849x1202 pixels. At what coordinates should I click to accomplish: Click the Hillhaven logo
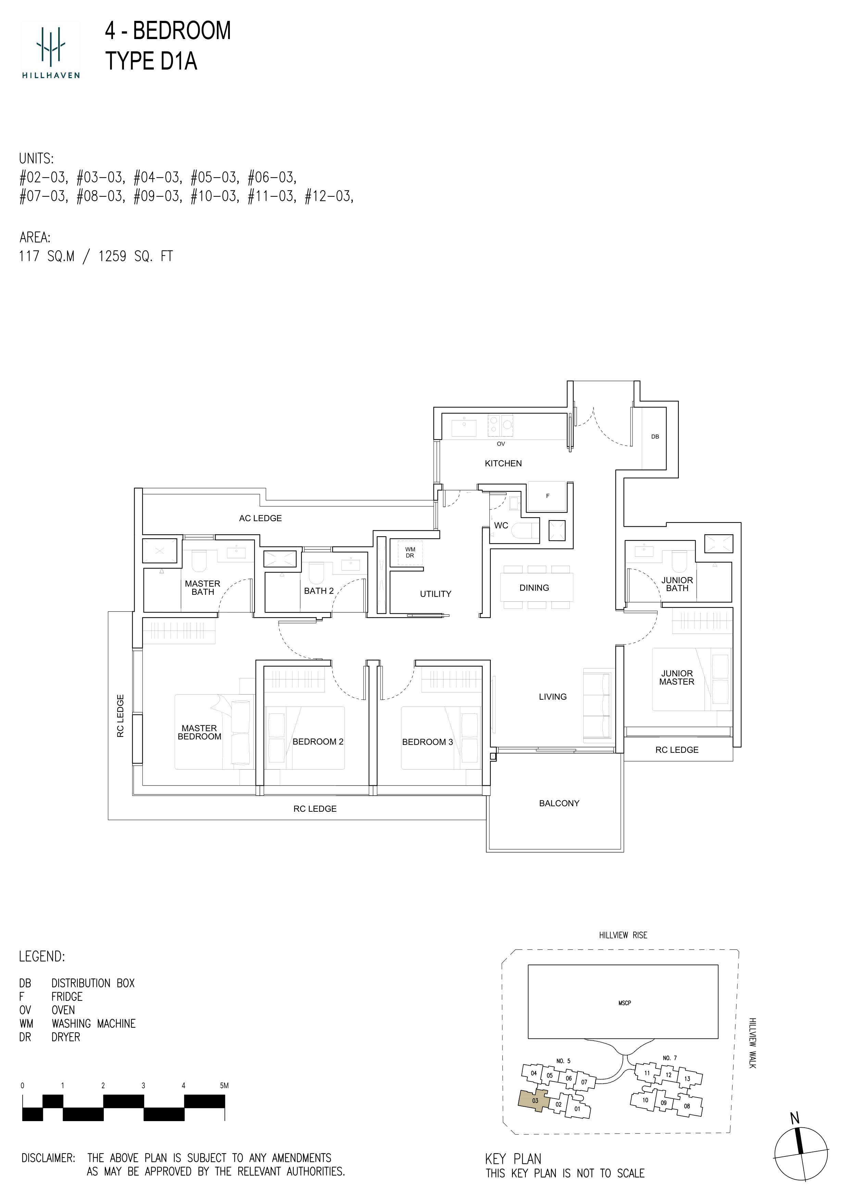(51, 51)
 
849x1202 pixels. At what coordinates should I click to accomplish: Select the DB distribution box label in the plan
(655, 437)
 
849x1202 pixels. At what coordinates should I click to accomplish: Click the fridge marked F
(547, 496)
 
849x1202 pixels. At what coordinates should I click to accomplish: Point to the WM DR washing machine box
(410, 552)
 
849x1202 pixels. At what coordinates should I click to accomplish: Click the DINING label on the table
(534, 588)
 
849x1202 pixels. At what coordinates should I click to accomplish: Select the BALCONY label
(559, 803)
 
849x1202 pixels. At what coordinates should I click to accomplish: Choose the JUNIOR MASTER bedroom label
(676, 677)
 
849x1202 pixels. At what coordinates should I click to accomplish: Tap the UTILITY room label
(435, 594)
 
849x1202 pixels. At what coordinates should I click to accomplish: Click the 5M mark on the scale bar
(224, 1086)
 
